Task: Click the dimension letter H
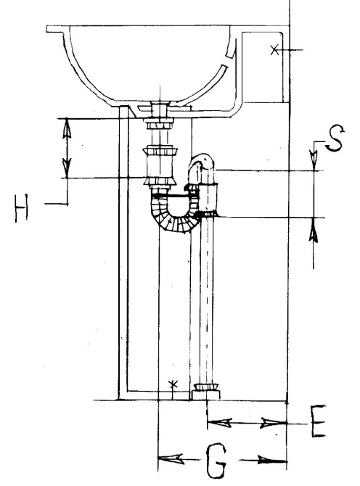click(21, 208)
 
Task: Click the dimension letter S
click(335, 139)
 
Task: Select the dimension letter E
click(319, 421)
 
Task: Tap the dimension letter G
click(216, 461)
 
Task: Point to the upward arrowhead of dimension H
click(67, 128)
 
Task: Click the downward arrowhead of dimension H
click(67, 168)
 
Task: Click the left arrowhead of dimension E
click(219, 422)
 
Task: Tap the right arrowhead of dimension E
click(273, 422)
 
